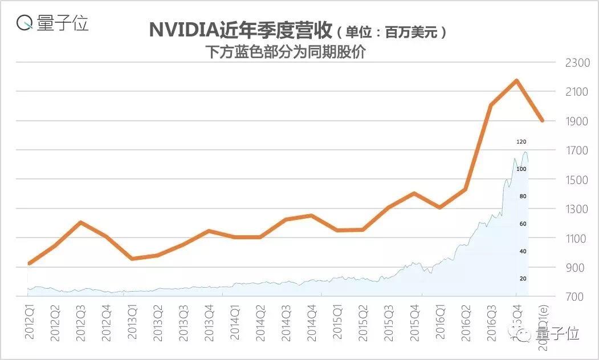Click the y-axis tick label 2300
click(x=577, y=62)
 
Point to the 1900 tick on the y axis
click(x=577, y=121)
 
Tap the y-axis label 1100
click(x=577, y=238)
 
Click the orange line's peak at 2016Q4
click(x=516, y=80)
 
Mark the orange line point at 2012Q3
click(x=81, y=222)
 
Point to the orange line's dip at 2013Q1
click(x=132, y=259)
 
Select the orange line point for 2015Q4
click(x=414, y=193)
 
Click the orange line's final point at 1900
click(x=542, y=121)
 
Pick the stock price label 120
click(x=521, y=141)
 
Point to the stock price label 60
click(x=523, y=224)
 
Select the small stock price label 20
click(x=523, y=279)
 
